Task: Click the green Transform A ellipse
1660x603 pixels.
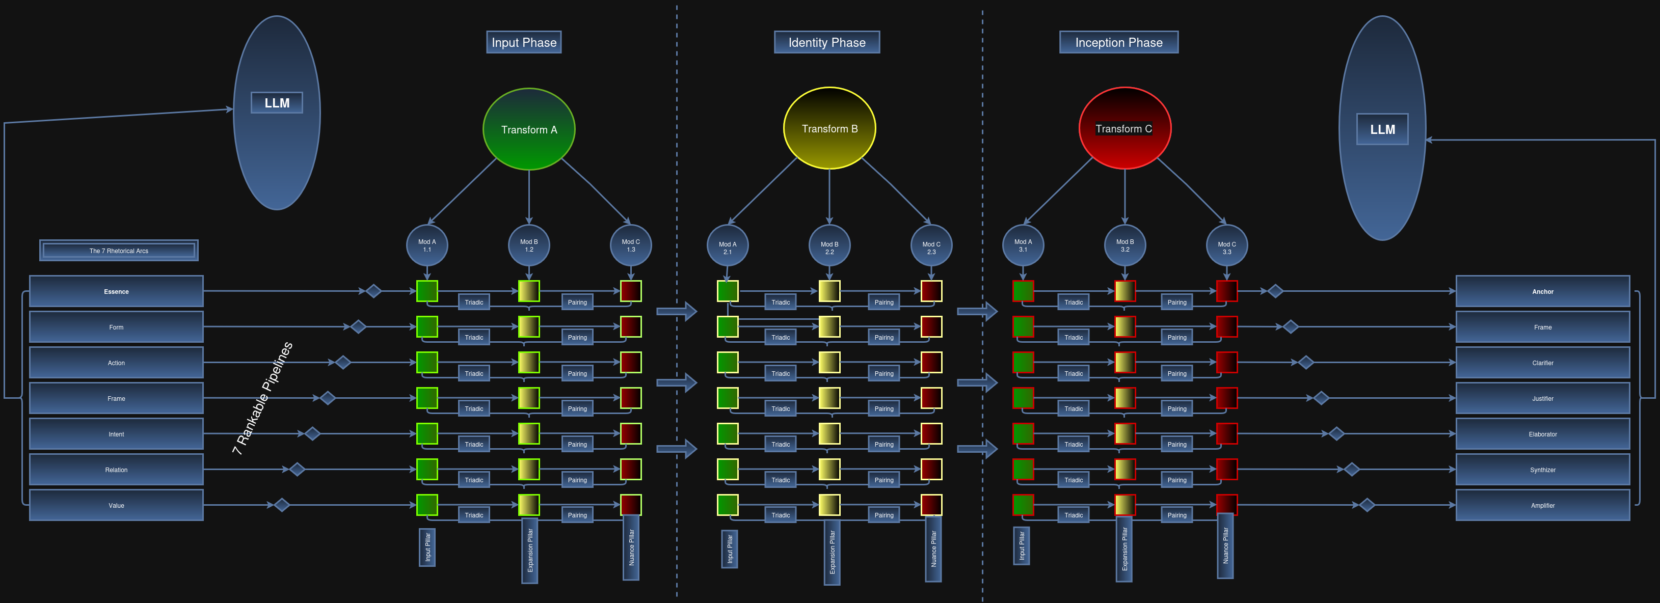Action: (528, 129)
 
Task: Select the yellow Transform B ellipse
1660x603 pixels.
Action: (829, 128)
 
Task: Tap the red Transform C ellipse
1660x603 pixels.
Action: (1124, 128)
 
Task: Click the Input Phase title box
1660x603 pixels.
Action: (523, 42)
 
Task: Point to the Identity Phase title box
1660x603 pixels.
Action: (827, 42)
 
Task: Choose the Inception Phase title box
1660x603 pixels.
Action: (1119, 42)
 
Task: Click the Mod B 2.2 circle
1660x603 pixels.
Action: (829, 245)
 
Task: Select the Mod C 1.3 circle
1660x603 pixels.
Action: (630, 245)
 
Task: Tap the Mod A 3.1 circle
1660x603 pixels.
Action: (1023, 245)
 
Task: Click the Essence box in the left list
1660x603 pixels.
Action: (116, 291)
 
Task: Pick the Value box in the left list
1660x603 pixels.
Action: (116, 505)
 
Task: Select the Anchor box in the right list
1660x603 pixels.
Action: (1542, 291)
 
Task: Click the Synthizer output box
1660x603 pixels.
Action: (1542, 470)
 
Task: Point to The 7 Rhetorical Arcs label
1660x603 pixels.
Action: (119, 251)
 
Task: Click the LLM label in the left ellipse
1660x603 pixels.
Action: (277, 103)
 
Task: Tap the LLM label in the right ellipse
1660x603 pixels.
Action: (1382, 129)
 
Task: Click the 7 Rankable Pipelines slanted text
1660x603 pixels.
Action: (262, 397)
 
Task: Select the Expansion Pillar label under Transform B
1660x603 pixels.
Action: (832, 552)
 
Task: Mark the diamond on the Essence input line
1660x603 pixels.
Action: (373, 291)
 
